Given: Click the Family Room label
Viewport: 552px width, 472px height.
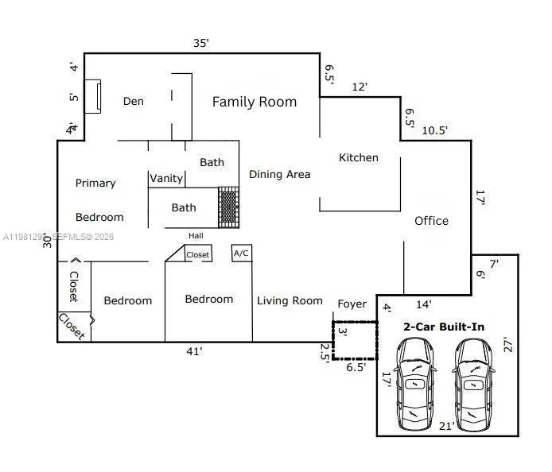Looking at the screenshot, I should (x=254, y=102).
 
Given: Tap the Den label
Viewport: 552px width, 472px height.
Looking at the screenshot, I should (x=133, y=102).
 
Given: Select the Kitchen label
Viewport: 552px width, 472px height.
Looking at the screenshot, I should (x=358, y=157).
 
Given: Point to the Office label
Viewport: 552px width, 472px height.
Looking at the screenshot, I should (x=431, y=221).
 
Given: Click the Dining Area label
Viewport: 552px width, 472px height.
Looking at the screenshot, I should (x=279, y=174).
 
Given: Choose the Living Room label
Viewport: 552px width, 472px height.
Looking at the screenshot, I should (x=290, y=300).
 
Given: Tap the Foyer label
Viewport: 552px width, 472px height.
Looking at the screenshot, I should (x=352, y=304).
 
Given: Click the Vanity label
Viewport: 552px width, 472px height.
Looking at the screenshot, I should (x=166, y=178).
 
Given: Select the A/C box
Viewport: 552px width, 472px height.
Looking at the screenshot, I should (x=241, y=253).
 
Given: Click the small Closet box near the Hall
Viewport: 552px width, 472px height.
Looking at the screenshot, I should (x=197, y=254).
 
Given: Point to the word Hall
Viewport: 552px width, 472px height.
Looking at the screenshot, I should (x=196, y=235).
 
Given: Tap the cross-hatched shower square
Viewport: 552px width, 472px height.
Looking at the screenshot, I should (x=229, y=207).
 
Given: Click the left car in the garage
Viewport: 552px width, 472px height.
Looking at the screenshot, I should (x=416, y=384).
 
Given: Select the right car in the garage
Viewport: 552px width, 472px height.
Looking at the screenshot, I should (x=474, y=384).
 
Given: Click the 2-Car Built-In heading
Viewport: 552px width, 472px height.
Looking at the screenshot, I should (x=444, y=327).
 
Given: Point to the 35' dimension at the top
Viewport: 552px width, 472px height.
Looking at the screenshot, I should (x=201, y=43).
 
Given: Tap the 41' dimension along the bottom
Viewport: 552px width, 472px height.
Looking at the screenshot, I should (x=194, y=350).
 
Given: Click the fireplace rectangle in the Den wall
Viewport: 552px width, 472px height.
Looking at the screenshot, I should (x=92, y=97).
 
